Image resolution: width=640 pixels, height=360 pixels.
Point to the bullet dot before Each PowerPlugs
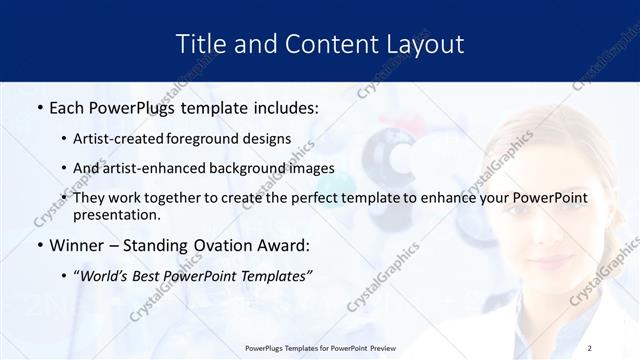click(x=39, y=105)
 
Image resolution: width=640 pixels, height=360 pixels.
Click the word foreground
click(x=213, y=139)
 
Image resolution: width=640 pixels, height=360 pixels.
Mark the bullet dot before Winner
click(x=39, y=244)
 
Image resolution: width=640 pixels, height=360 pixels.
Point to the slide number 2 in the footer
click(x=590, y=348)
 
